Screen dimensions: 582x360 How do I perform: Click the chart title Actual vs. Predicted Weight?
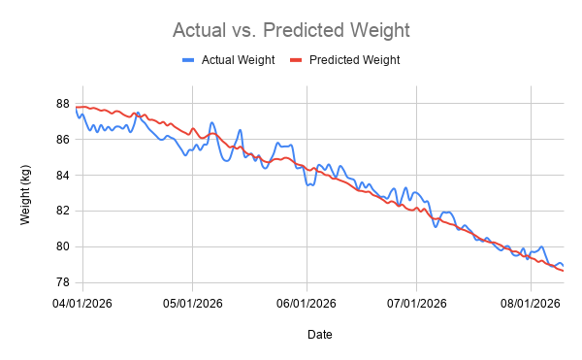point(291,30)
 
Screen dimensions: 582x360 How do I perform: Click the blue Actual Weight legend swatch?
point(188,60)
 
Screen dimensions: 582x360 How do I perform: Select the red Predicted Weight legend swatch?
point(296,60)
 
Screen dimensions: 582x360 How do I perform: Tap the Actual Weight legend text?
point(238,60)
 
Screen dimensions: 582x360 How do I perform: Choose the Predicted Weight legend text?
point(354,60)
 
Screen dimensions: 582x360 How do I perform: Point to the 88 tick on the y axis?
point(63,104)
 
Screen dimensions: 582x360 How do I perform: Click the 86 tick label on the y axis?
point(63,140)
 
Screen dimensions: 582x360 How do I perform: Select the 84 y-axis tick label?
point(63,176)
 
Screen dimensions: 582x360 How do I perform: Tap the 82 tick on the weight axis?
point(63,211)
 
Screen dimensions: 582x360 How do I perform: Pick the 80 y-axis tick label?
point(63,246)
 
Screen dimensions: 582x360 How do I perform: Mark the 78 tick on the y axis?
point(63,282)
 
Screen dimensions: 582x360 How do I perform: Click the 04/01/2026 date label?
point(82,304)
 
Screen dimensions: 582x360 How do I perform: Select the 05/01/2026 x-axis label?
point(193,304)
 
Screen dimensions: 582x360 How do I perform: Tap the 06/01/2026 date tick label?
point(307,304)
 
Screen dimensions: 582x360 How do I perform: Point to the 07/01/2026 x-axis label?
point(417,304)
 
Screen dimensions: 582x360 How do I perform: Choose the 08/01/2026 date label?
point(531,304)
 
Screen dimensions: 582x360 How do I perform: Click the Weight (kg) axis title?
point(25,195)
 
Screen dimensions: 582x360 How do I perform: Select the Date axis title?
point(319,335)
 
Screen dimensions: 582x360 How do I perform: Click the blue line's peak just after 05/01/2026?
point(211,122)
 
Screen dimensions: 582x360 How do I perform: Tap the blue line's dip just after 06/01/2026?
point(308,184)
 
